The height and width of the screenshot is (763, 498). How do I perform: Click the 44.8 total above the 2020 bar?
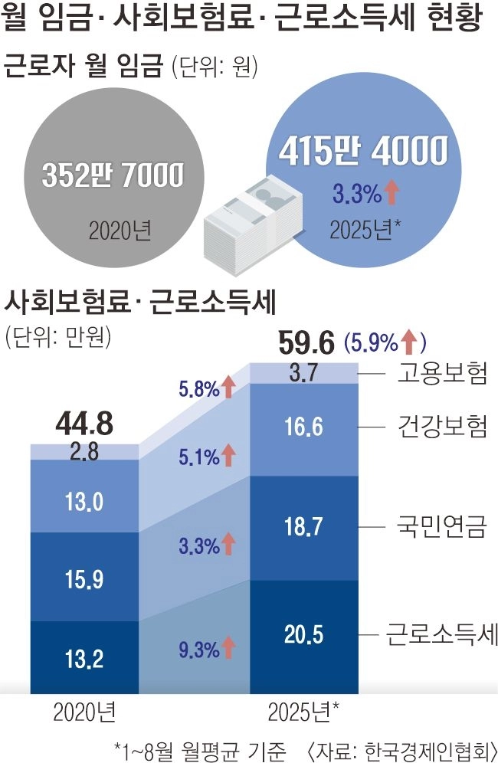84,423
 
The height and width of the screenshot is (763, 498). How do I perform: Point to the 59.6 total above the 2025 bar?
306,342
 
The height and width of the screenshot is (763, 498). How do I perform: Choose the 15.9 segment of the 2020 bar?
84,576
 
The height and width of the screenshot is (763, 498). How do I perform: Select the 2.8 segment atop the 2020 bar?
84,452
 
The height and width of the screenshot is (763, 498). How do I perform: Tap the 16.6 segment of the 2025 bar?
306,427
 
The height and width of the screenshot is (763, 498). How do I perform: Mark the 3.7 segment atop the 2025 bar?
306,373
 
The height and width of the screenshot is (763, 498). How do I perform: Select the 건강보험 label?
442,426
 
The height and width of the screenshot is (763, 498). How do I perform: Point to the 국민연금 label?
442,528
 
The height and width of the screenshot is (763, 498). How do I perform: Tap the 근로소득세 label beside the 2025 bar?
442,634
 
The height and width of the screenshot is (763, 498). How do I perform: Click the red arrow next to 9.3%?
228,650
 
